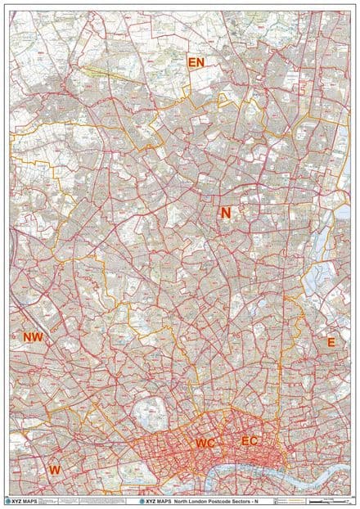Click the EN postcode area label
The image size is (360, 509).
196,62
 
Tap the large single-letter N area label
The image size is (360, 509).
225,213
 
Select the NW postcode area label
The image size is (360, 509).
34,337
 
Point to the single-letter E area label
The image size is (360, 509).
331,342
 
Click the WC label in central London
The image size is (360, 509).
205,443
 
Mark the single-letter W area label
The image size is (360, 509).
54,470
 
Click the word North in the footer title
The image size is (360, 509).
182,499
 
